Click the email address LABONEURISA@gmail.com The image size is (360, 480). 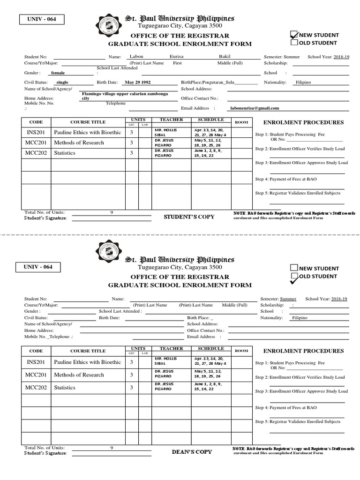coord(255,108)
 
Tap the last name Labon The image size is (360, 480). coord(136,57)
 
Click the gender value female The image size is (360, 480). coord(58,73)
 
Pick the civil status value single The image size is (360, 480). coord(62,82)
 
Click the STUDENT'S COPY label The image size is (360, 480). coord(189,217)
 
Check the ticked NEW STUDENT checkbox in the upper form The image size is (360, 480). coord(294,35)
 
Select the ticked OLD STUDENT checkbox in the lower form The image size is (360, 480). coord(294,277)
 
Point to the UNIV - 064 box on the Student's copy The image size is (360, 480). coord(41,19)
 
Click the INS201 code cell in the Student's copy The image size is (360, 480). coord(36,132)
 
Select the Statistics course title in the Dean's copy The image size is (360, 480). coord(65,388)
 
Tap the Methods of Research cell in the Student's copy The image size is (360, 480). coord(79,142)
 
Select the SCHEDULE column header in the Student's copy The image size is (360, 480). coord(211,120)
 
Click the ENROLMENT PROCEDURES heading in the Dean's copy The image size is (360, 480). coord(303,351)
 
